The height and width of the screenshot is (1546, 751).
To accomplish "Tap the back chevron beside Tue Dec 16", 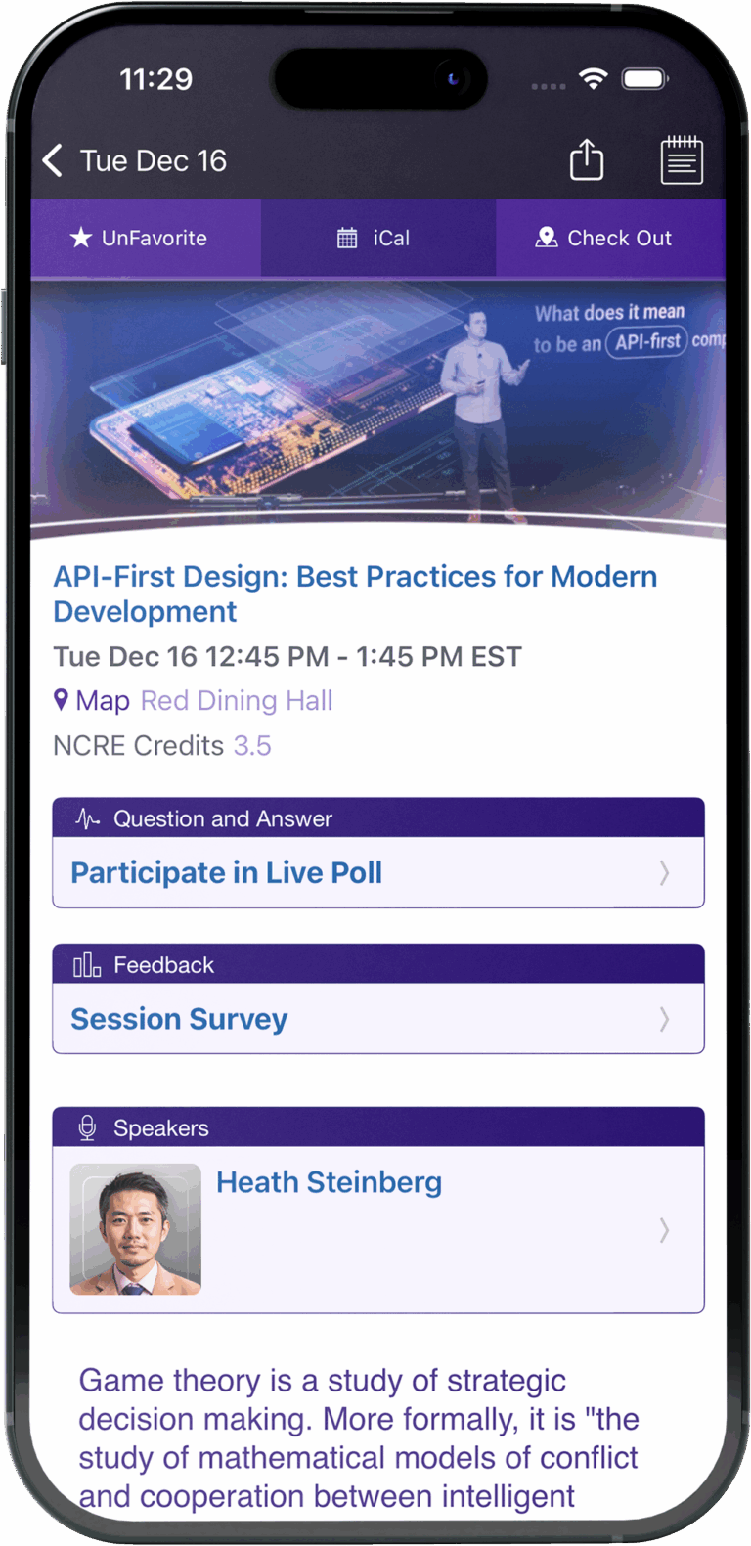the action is pos(53,160).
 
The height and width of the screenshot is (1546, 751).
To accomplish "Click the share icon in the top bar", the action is pos(586,159).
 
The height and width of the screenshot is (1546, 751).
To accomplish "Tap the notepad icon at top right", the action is pos(682,159).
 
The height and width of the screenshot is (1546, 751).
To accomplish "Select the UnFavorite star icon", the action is pos(81,238).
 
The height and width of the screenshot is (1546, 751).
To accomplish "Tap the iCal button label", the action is pos(391,239).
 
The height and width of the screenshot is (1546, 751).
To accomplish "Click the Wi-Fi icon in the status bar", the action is pos(593,78).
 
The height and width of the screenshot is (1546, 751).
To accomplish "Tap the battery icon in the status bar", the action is pos(644,78).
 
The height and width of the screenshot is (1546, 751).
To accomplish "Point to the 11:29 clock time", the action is pos(156,79).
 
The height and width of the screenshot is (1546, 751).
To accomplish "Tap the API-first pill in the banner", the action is pos(646,341).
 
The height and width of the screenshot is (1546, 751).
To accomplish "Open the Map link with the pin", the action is pos(92,700).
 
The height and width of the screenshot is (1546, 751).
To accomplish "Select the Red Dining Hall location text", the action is pos(237,700).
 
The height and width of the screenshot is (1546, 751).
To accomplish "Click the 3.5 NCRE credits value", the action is pos(252,745).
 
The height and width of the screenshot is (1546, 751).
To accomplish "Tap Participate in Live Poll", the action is pos(227,872).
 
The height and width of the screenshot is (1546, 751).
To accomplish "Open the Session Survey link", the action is pos(180,1019).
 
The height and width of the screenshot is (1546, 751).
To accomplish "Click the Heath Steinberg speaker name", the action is pos(330,1182).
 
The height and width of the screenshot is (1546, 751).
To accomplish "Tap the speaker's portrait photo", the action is pos(135,1229).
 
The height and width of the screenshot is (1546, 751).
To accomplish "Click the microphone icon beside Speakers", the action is pos(87,1127).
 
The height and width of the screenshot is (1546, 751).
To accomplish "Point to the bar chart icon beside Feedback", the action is pos(87,964).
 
